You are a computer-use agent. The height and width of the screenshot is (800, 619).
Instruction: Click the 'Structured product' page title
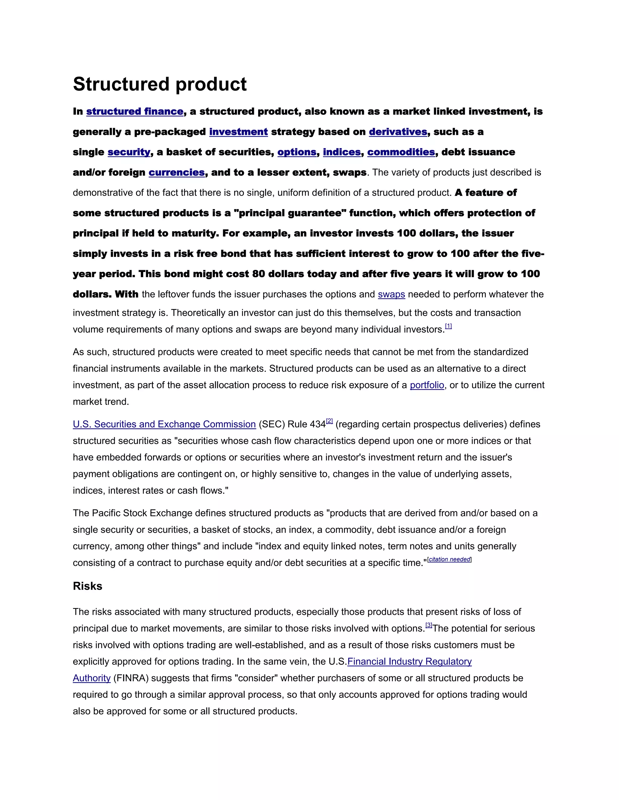(x=160, y=84)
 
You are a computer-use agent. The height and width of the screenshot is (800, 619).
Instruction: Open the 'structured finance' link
(x=134, y=111)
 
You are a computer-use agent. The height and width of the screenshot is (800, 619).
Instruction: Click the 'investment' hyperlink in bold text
(x=238, y=132)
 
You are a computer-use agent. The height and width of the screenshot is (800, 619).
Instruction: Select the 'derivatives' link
(x=398, y=132)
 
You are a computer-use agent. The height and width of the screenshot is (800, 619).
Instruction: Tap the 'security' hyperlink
(x=129, y=152)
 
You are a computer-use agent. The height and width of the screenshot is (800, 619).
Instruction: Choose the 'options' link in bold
(x=297, y=152)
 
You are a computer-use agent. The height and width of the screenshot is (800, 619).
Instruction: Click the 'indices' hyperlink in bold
(x=342, y=152)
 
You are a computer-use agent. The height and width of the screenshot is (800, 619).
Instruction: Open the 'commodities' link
(x=401, y=152)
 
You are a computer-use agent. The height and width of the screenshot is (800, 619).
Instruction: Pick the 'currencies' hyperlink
(x=177, y=172)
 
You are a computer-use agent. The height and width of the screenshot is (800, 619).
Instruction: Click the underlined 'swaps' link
(x=391, y=295)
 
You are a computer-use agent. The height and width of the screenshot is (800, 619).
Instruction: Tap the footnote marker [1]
(x=448, y=326)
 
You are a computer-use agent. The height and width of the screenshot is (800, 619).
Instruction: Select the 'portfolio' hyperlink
(x=427, y=385)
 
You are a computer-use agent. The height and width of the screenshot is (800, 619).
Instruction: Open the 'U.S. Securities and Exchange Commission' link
(x=164, y=424)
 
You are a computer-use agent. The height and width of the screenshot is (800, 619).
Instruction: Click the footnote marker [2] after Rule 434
(x=329, y=421)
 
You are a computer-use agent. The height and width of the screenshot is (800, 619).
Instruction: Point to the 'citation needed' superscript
(x=449, y=559)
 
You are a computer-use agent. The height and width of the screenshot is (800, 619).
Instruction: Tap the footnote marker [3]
(x=429, y=625)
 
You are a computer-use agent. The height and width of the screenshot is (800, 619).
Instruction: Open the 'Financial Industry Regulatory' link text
(x=409, y=661)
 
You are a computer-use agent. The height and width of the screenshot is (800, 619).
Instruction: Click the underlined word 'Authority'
(x=91, y=678)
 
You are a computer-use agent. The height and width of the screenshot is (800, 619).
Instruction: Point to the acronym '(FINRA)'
(x=131, y=678)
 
